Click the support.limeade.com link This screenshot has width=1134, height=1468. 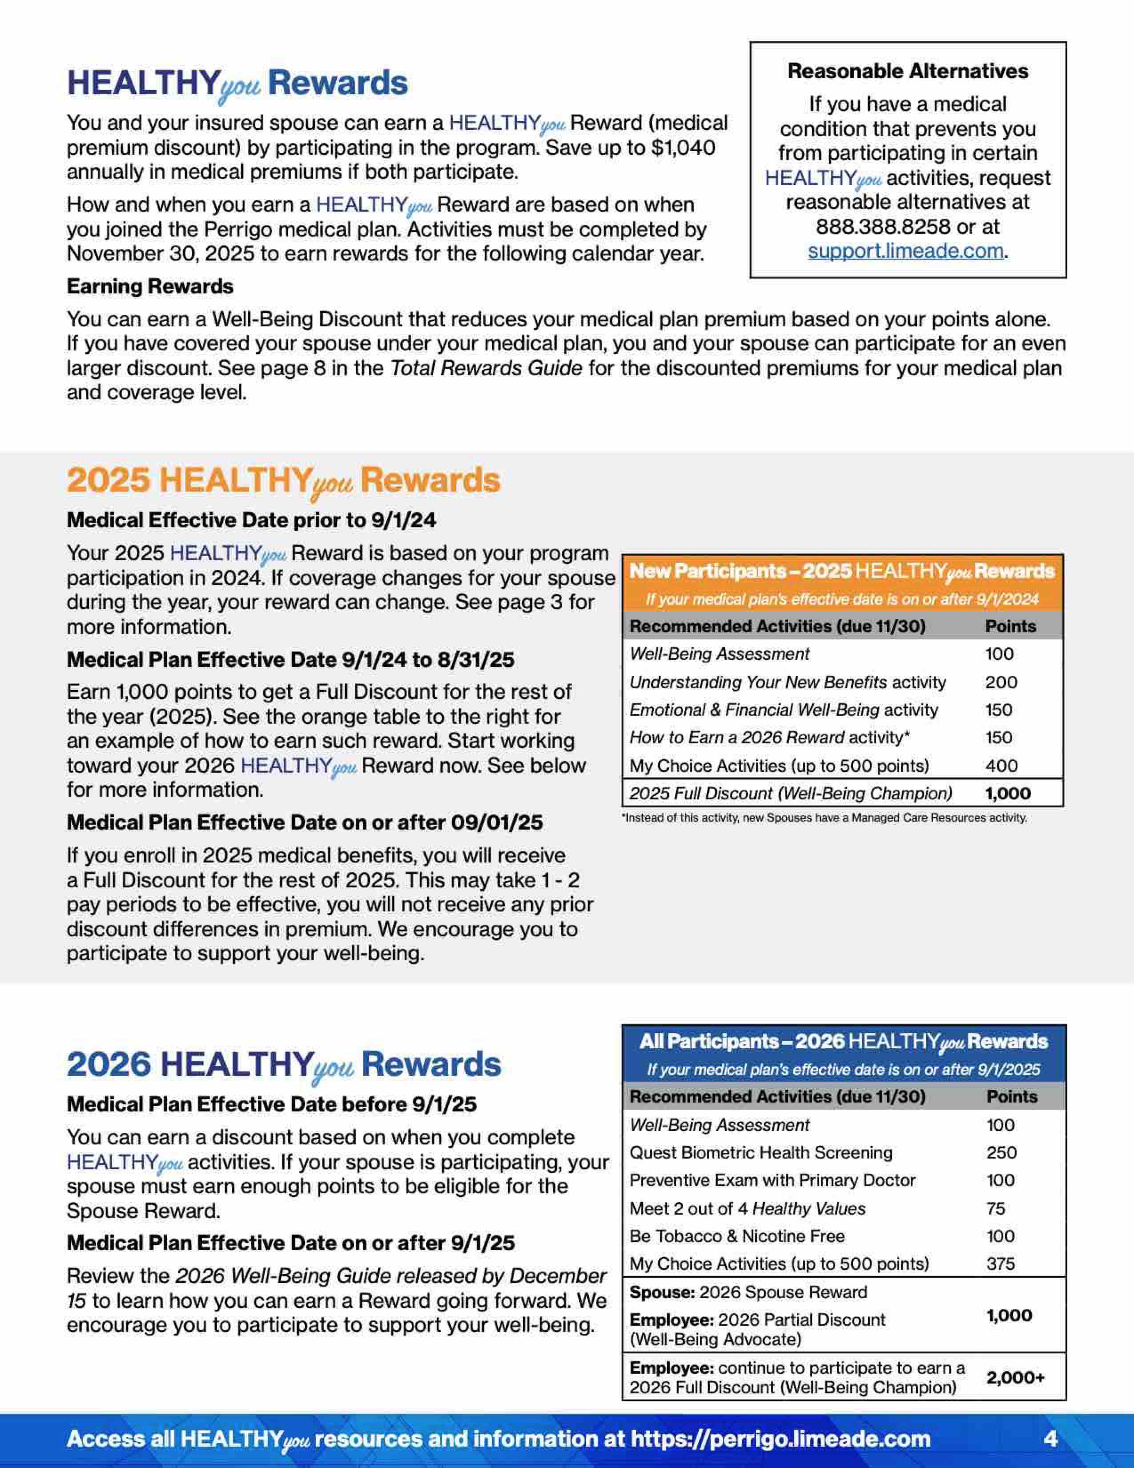click(x=905, y=251)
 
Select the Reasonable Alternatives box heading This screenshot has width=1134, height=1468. click(x=908, y=71)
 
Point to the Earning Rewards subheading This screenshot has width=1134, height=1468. click(x=150, y=286)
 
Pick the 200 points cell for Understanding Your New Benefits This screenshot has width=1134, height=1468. click(x=1001, y=682)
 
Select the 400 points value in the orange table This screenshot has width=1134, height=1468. click(x=1001, y=766)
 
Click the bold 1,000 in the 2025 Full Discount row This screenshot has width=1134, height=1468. click(x=1008, y=794)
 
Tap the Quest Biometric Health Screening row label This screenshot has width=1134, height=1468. click(x=761, y=1153)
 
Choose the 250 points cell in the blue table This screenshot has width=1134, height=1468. click(x=1001, y=1153)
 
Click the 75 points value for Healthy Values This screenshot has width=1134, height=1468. click(x=996, y=1208)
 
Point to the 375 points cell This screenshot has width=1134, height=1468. click(x=1000, y=1263)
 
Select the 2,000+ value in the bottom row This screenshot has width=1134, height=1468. click(x=1015, y=1378)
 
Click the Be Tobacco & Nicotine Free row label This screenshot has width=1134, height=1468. click(x=737, y=1236)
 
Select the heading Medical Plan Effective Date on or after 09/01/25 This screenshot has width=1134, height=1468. click(x=305, y=823)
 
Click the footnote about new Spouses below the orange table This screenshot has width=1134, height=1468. click(x=825, y=818)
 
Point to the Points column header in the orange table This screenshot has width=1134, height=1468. click(x=1010, y=626)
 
